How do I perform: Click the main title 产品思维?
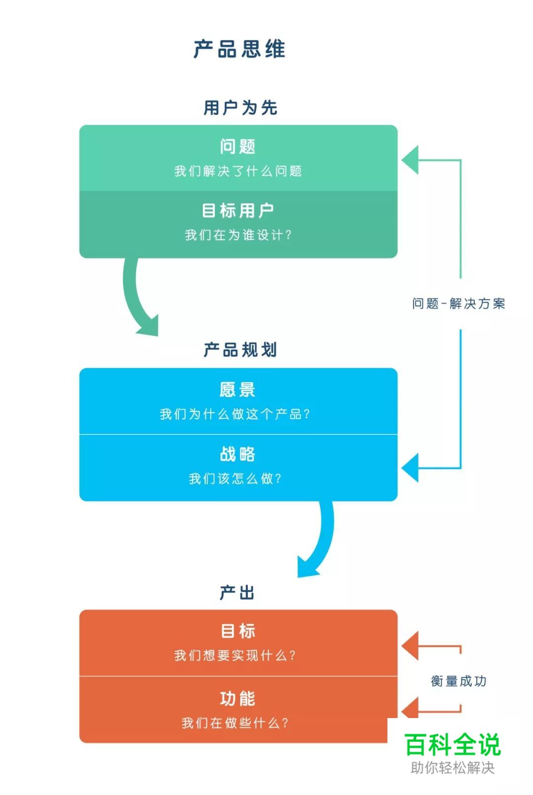239,49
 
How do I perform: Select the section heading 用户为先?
240,108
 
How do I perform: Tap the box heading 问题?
237,146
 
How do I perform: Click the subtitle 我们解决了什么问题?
237,171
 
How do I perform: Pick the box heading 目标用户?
237,211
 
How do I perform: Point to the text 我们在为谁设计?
237,235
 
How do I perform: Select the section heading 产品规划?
240,350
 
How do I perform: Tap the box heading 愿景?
237,390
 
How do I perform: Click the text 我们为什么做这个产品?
235,414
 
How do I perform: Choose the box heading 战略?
237,454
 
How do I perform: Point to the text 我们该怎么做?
235,478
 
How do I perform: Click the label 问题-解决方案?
458,304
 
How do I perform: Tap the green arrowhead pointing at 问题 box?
411,160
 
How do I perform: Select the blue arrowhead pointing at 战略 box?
411,468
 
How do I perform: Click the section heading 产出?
237,592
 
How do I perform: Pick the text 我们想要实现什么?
235,655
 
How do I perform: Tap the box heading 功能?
237,699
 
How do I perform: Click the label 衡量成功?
458,681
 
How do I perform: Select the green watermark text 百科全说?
453,745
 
